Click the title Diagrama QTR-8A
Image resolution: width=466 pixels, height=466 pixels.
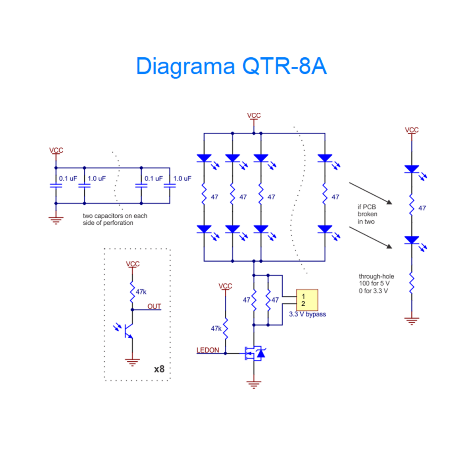click(x=231, y=67)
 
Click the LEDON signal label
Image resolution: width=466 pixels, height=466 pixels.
click(x=208, y=350)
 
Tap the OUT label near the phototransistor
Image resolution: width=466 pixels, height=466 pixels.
click(x=154, y=306)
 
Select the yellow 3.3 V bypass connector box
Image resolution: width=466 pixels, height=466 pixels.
click(x=307, y=300)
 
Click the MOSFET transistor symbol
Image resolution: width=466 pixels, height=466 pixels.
click(x=253, y=353)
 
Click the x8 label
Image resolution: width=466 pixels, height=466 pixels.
click(x=159, y=369)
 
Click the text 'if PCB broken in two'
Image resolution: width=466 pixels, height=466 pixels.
click(x=366, y=214)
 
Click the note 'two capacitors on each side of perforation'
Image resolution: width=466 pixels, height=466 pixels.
click(x=115, y=219)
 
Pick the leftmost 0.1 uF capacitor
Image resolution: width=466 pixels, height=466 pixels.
click(x=56, y=186)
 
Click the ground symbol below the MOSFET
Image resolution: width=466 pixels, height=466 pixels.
click(x=253, y=385)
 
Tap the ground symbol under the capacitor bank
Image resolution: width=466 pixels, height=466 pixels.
click(x=56, y=221)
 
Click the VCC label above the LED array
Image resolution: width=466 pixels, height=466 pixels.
click(x=253, y=116)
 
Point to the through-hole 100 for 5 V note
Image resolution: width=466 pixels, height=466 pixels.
click(x=376, y=284)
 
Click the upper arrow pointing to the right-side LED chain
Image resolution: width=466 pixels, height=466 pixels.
click(x=370, y=193)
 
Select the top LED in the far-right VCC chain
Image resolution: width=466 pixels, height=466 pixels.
click(x=411, y=169)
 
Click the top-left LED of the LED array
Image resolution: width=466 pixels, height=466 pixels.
click(x=204, y=158)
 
